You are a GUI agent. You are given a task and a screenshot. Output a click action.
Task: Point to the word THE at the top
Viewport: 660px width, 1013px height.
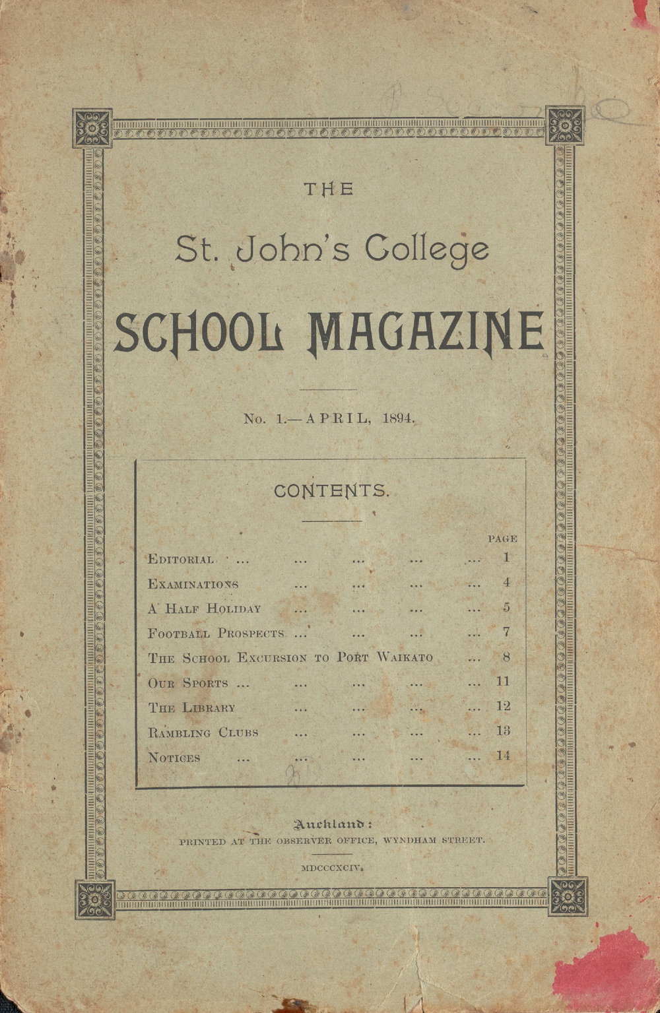[x=329, y=190]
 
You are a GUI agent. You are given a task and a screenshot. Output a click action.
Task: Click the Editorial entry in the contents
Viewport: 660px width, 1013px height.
[x=181, y=560]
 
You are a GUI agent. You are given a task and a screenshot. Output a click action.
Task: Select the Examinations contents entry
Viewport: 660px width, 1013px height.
[x=193, y=584]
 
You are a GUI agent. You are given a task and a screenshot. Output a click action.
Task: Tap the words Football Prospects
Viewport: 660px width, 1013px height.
[x=216, y=634]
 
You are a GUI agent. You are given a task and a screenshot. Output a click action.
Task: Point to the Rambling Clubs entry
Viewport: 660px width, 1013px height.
[x=203, y=733]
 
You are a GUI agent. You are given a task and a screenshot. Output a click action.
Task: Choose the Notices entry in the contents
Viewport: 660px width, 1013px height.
[x=174, y=758]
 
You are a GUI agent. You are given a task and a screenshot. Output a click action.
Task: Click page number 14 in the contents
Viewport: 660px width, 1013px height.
[x=504, y=756]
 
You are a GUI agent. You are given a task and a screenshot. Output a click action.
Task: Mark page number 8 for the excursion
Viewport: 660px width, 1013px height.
[x=506, y=657]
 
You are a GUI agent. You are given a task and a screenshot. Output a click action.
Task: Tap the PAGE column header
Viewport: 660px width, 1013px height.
[x=502, y=539]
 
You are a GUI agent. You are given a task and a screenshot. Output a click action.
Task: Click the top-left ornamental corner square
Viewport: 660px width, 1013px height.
[x=92, y=127]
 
